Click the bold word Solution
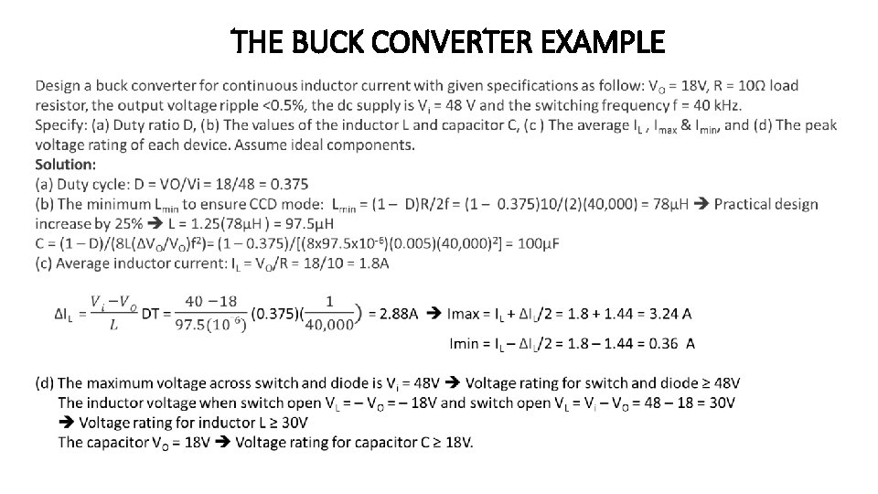click(65, 165)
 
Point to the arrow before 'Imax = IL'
click(434, 314)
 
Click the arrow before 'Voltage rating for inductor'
click(67, 423)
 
